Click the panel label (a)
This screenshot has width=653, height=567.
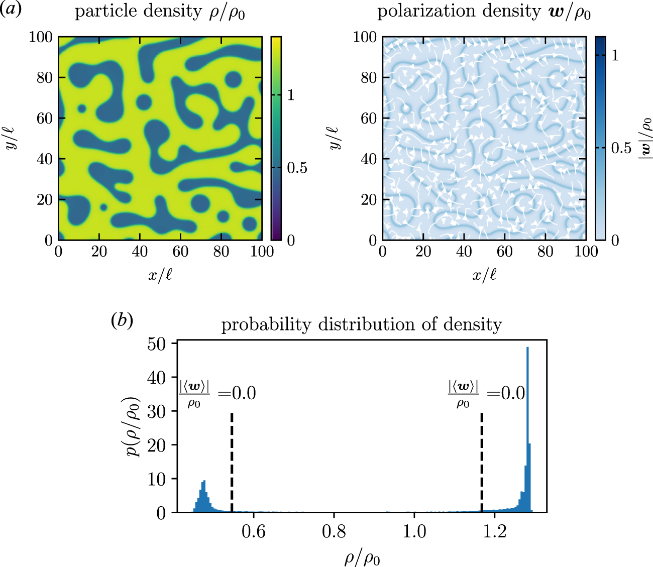[x=11, y=10]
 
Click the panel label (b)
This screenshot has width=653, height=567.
[x=122, y=320]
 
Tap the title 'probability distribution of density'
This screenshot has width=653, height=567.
[x=361, y=324]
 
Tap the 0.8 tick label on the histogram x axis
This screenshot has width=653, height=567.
[x=334, y=531]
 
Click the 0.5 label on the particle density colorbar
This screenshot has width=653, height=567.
[x=297, y=168]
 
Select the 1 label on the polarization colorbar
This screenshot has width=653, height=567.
[x=615, y=55]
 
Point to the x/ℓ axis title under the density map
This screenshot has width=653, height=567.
[x=160, y=275]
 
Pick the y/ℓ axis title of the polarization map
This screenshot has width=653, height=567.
[x=334, y=138]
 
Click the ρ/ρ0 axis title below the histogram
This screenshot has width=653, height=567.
[x=362, y=557]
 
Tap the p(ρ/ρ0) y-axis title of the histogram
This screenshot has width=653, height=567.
[x=134, y=427]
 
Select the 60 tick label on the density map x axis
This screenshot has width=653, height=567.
[x=180, y=251]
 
